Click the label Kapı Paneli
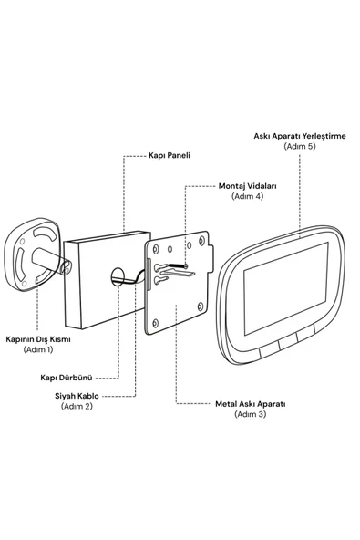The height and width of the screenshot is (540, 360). point(170,155)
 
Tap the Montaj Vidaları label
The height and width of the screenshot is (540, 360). point(248,186)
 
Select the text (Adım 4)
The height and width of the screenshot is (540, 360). point(248,196)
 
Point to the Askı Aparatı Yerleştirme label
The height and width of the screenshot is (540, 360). point(300,136)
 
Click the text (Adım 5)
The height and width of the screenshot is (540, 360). point(300,146)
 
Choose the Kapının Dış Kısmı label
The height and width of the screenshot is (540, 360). point(38,339)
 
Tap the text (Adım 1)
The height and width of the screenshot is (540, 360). point(38,349)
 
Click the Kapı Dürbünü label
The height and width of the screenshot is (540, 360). point(67,378)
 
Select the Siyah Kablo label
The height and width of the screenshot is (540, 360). point(77,396)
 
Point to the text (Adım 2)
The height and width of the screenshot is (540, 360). point(77,407)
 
